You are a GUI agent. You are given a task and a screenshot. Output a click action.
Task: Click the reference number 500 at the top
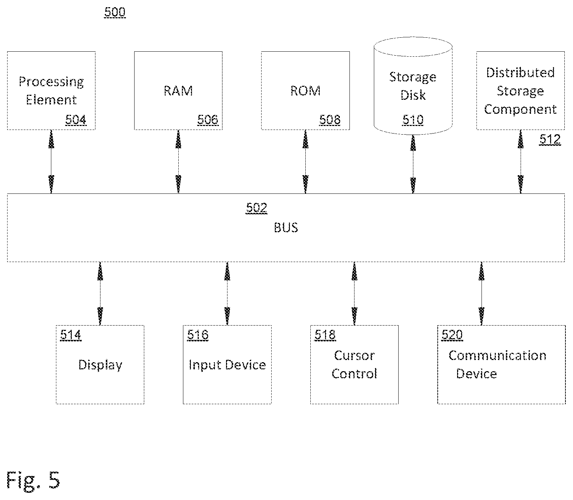click(x=115, y=12)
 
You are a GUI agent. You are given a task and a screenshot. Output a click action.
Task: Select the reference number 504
click(x=76, y=120)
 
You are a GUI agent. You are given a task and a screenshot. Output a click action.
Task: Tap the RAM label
click(x=178, y=90)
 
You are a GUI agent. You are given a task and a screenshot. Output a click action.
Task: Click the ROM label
click(x=305, y=90)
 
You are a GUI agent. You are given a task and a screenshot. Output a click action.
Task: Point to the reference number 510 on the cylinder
click(x=413, y=120)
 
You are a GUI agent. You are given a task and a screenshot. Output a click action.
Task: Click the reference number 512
click(x=550, y=139)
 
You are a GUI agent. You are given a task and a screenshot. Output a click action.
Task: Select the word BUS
click(x=286, y=228)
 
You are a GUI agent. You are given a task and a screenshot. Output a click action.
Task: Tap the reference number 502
click(x=257, y=208)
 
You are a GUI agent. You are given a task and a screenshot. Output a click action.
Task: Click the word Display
click(x=100, y=365)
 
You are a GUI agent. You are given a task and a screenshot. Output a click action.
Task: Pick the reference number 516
click(x=198, y=335)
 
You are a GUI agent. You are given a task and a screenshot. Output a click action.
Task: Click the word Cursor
click(x=354, y=356)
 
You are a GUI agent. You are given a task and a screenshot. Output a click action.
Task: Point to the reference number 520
click(x=452, y=335)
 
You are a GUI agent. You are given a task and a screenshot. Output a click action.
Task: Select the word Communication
click(x=497, y=356)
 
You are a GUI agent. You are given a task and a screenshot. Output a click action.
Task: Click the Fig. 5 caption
click(x=33, y=480)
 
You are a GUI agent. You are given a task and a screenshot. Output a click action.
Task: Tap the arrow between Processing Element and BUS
click(x=51, y=162)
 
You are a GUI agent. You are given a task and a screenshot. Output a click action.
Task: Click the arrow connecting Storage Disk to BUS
click(x=413, y=164)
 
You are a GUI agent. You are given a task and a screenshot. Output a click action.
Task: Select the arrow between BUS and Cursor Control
click(x=354, y=294)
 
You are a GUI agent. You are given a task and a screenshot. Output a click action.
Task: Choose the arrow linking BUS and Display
click(x=100, y=294)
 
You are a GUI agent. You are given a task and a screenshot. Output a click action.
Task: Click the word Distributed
click(x=520, y=73)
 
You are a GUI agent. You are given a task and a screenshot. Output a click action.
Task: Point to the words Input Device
click(x=227, y=365)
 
